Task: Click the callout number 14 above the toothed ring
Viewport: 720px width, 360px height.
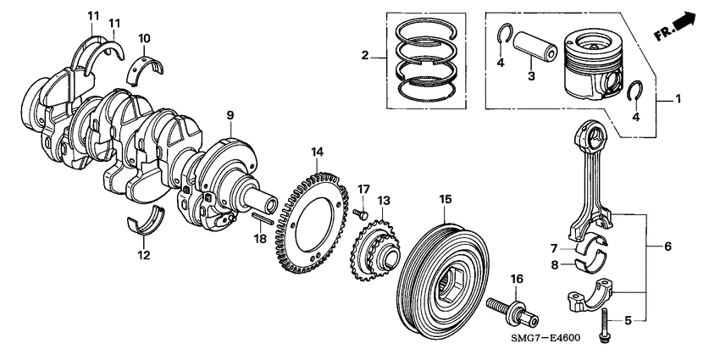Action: tap(317, 152)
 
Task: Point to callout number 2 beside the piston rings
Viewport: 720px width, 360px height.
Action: tap(364, 56)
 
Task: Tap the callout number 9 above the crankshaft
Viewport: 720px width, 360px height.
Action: tap(229, 114)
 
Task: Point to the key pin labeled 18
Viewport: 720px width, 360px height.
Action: tap(263, 218)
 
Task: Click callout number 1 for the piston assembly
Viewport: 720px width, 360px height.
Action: tap(678, 100)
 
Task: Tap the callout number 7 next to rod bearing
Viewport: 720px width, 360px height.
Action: tap(552, 248)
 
